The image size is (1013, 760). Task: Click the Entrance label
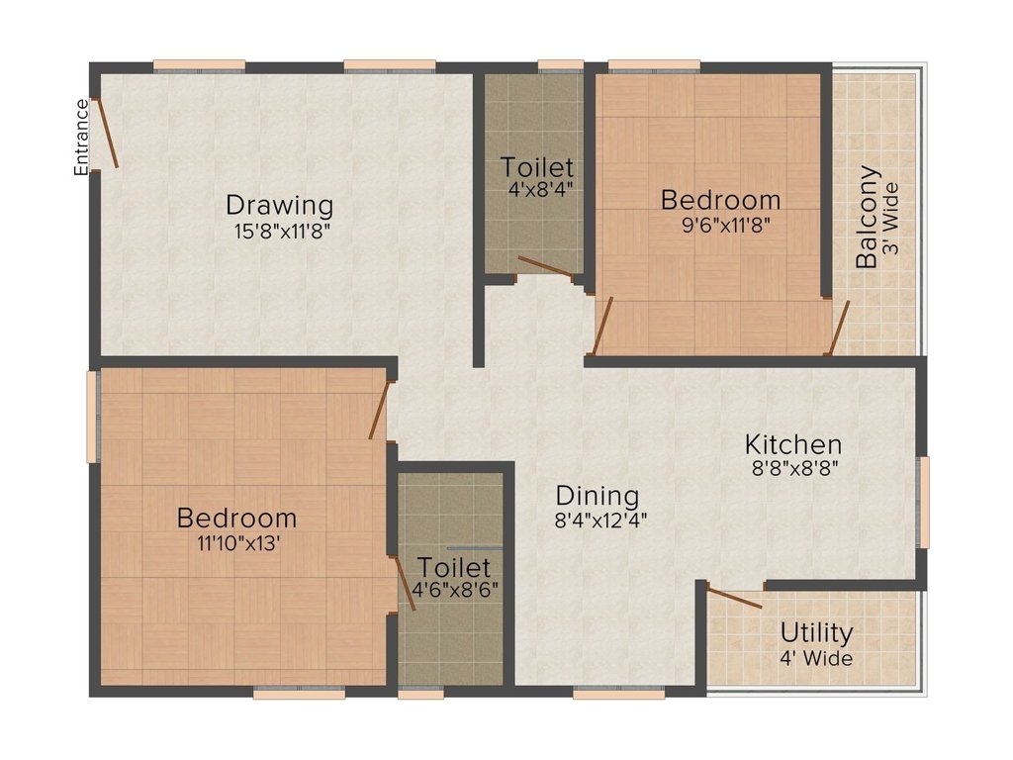tap(81, 137)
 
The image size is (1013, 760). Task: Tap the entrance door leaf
tap(107, 134)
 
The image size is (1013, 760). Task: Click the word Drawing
tap(280, 205)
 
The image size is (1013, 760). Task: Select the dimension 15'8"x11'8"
tap(282, 232)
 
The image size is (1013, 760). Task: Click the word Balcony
tap(867, 217)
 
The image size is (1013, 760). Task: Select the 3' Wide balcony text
tap(891, 218)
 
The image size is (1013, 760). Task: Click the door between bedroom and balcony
tap(840, 328)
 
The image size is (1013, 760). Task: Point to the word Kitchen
tap(793, 444)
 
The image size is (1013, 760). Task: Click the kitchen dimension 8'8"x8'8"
tap(795, 468)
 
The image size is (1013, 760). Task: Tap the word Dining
tap(598, 497)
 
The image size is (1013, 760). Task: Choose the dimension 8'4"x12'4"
tap(600, 521)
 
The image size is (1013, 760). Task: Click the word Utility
tap(816, 633)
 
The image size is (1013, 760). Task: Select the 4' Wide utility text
tap(816, 658)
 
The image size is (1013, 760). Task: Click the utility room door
tap(734, 597)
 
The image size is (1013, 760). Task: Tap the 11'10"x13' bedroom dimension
tap(238, 543)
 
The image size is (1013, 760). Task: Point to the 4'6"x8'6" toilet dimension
tap(455, 590)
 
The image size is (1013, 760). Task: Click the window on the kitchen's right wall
tap(925, 502)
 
